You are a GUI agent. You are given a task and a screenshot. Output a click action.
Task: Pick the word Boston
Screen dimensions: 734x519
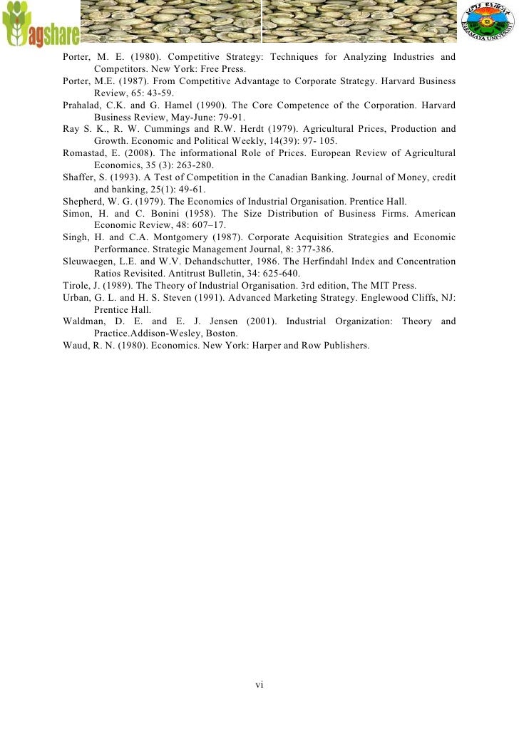tap(222, 334)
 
